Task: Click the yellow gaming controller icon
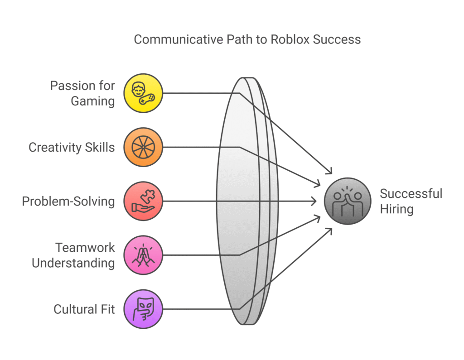[143, 93]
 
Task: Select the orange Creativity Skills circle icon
[143, 147]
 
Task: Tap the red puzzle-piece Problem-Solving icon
[143, 201]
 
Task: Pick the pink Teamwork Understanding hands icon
[143, 255]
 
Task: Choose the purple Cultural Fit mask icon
[143, 309]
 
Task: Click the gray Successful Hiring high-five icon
[348, 201]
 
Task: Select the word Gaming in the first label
[92, 101]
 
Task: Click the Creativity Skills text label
[72, 147]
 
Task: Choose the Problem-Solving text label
[68, 201]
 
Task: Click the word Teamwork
[85, 248]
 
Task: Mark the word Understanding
[73, 263]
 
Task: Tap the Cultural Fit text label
[84, 309]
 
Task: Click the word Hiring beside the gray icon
[397, 209]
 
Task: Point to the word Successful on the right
[411, 194]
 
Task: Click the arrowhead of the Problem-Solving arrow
[315, 201]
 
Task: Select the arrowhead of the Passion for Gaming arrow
[330, 171]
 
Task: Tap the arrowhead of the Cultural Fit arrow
[330, 230]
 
